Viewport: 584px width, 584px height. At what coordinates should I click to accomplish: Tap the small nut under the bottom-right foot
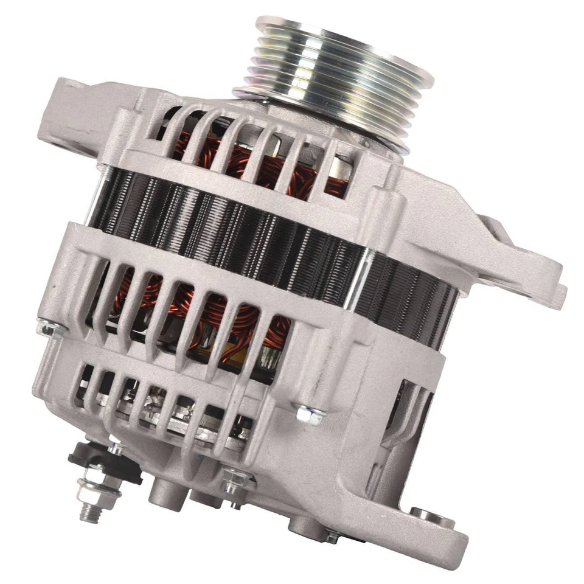(332, 535)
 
